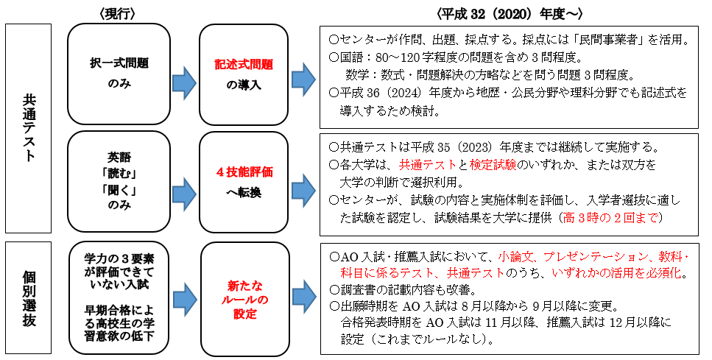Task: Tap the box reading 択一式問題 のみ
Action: (118, 74)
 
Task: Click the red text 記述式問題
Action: (244, 64)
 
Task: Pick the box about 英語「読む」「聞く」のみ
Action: (118, 181)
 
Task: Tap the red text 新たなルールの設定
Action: (244, 299)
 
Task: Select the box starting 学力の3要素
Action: (118, 294)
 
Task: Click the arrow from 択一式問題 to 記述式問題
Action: (186, 77)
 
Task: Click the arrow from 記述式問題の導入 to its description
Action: (303, 77)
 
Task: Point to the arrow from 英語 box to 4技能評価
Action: (186, 190)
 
